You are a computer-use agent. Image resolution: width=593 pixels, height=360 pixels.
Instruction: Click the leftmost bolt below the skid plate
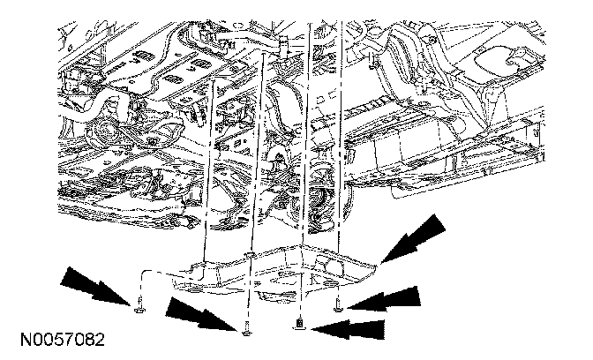pyautogui.click(x=139, y=308)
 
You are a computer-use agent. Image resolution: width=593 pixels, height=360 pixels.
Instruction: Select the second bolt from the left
pyautogui.click(x=246, y=329)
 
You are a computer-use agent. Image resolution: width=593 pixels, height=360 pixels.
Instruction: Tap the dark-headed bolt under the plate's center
pyautogui.click(x=302, y=324)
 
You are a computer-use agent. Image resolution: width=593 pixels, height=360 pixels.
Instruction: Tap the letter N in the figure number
pyautogui.click(x=19, y=340)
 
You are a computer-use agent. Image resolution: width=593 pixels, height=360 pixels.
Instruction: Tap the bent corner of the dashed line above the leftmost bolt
pyautogui.click(x=143, y=272)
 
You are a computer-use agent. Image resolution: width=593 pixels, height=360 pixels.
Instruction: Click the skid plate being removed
pyautogui.click(x=282, y=269)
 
